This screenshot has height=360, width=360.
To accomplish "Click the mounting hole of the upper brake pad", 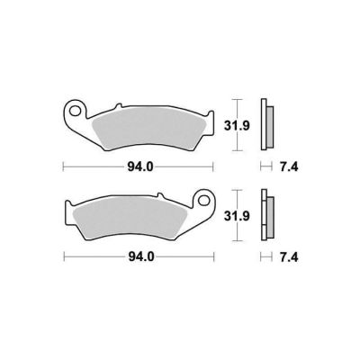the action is coord(74,111).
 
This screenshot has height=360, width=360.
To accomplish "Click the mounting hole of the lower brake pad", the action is coord(203,200).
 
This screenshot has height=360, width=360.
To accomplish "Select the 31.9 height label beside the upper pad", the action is coord(237,126).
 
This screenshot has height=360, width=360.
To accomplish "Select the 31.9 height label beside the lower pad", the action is coord(237,216).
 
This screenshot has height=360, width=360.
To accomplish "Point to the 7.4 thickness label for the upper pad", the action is coord(289,166).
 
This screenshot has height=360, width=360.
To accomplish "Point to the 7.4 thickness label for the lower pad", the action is coord(289,257).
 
